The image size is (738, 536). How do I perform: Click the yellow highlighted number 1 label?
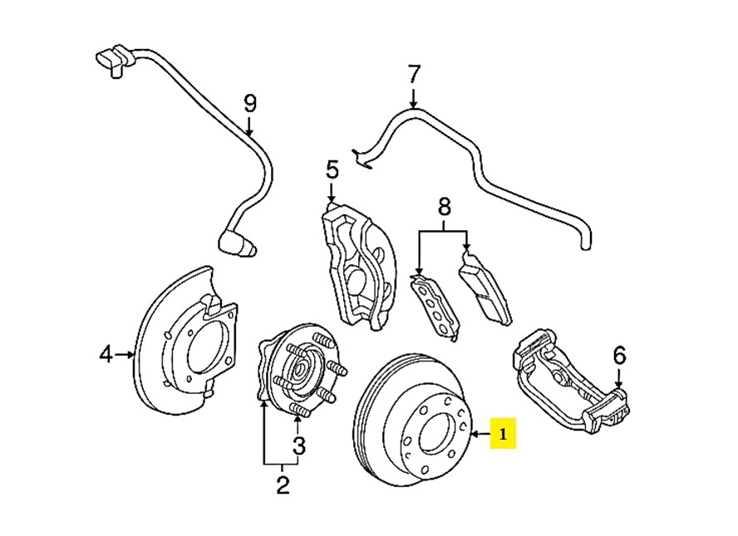[x=503, y=434]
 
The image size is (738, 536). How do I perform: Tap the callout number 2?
[x=282, y=484]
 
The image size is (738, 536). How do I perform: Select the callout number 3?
[x=298, y=446]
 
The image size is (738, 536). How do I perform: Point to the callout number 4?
[x=106, y=355]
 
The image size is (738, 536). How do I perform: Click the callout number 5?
[x=332, y=171]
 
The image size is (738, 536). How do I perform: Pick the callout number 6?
[x=619, y=357]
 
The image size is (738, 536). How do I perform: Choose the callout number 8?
[x=444, y=206]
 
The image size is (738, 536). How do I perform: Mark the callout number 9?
[x=250, y=104]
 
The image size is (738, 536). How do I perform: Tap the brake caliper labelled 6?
[x=565, y=382]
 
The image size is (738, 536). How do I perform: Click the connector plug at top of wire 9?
[x=109, y=60]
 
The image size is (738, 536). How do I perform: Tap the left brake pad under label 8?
[x=435, y=307]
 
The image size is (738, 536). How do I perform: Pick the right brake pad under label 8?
[x=486, y=287]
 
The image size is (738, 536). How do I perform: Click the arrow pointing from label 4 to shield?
[x=125, y=355]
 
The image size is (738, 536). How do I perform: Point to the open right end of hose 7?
[x=583, y=242]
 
